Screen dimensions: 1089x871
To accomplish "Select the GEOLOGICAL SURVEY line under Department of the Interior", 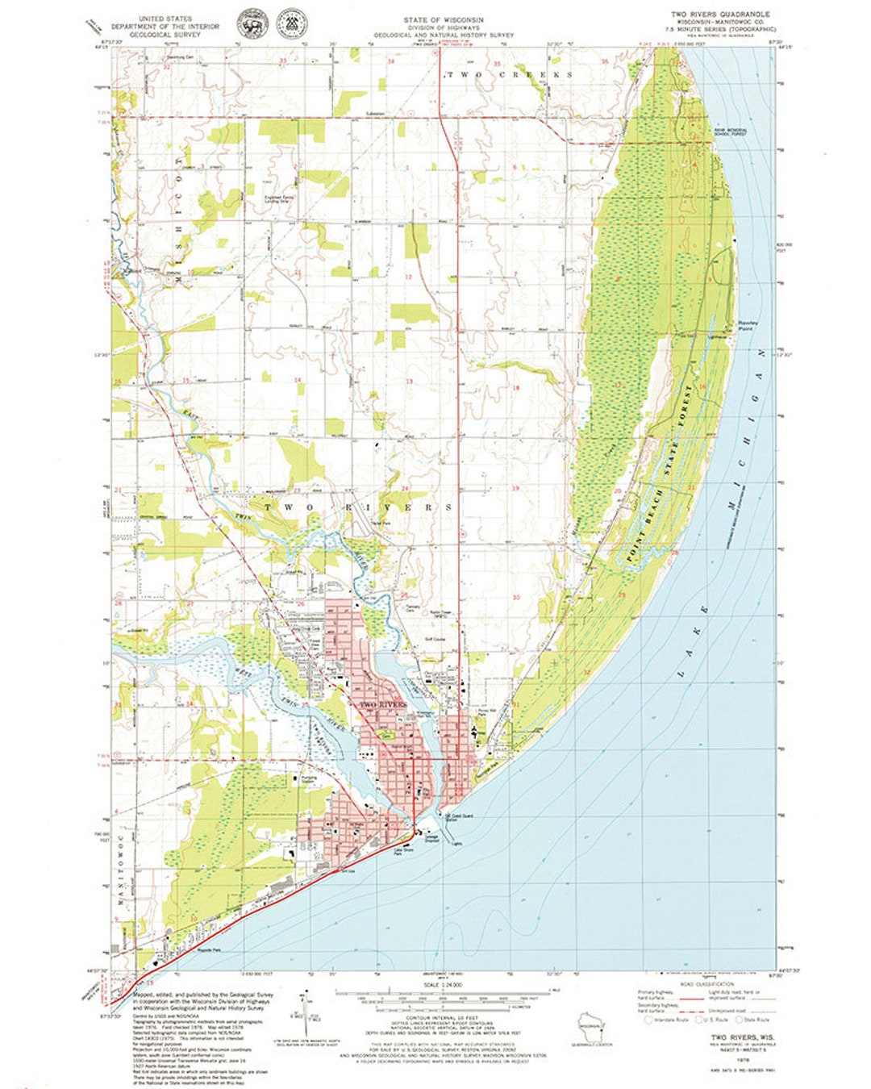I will (166, 34).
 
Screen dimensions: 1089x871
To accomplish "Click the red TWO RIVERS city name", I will (383, 705).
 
